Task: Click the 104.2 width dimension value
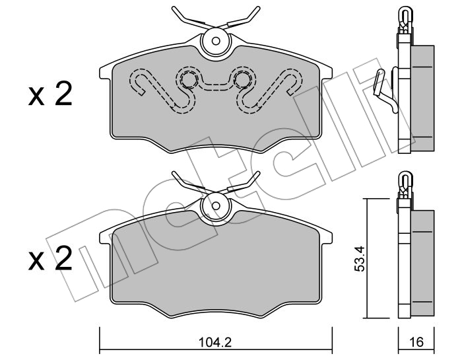pos(215,342)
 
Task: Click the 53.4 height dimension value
pos(360,258)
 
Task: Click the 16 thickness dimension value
pos(416,342)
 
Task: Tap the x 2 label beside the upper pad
pos(50,94)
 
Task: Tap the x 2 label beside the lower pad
pos(50,258)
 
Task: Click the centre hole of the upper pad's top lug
pos(216,41)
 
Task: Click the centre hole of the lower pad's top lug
pos(216,205)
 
